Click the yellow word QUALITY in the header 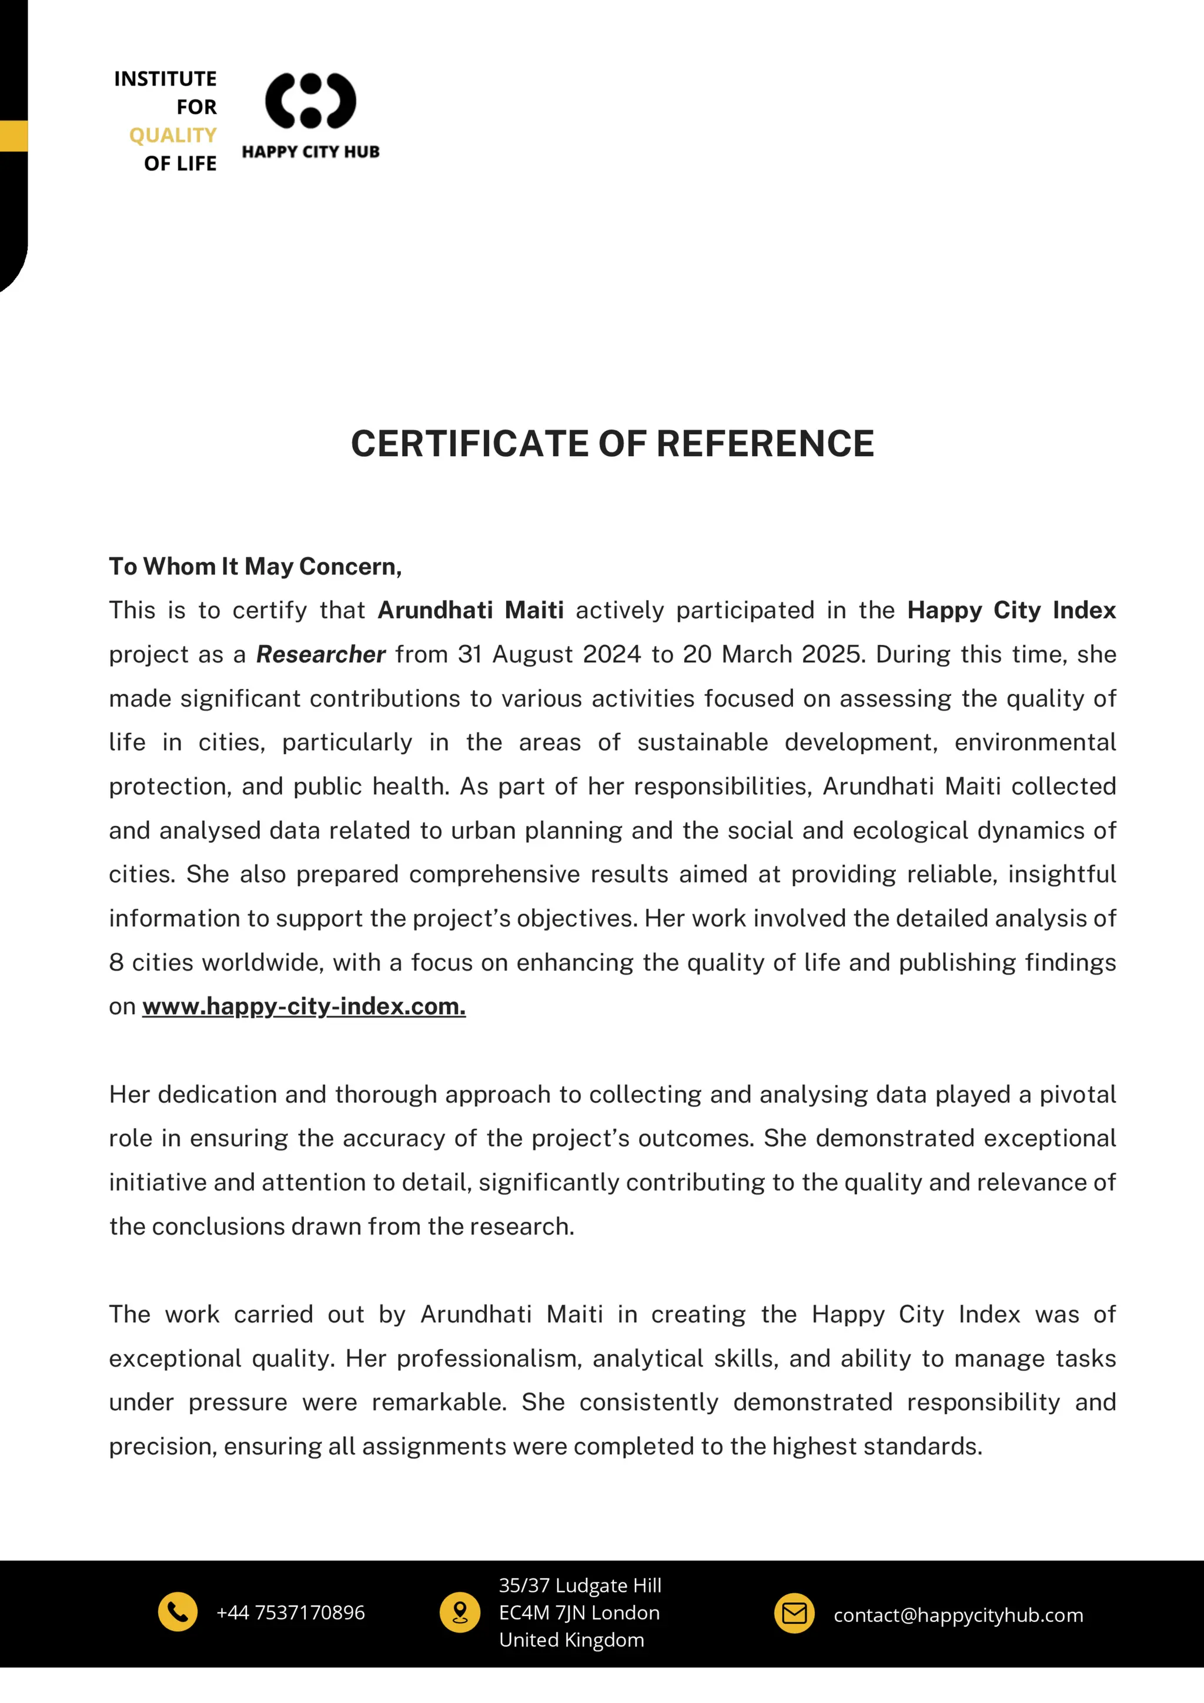(173, 135)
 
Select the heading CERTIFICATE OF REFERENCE (612, 444)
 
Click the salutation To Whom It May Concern (255, 567)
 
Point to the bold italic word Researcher (320, 654)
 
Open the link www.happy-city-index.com (303, 1006)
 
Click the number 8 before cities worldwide (116, 963)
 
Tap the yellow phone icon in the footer (178, 1611)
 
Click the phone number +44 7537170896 (290, 1612)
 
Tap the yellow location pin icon (460, 1612)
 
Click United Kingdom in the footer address (571, 1640)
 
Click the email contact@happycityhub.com (958, 1615)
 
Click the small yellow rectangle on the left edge (14, 136)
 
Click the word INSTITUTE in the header (165, 79)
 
